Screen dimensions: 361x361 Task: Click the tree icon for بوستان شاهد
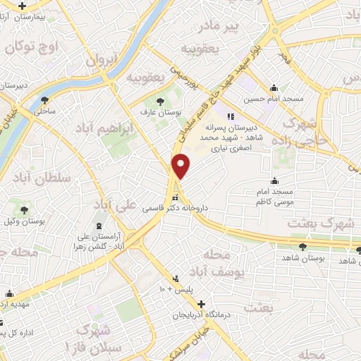coord(302,246)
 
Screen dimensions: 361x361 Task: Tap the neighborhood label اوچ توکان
coord(30,47)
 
